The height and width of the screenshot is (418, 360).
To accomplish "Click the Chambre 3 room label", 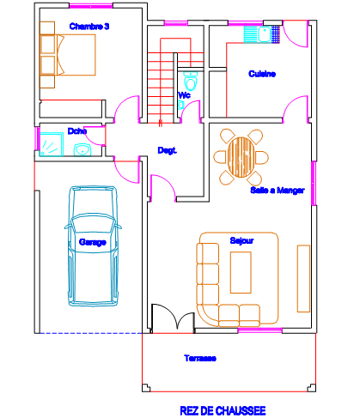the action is (x=89, y=27).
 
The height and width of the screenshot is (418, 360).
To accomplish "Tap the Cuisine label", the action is (x=262, y=74).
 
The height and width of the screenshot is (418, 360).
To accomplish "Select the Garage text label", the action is (x=93, y=242).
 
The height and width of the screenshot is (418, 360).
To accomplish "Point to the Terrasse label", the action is (x=200, y=358).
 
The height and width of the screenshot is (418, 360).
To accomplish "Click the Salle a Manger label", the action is (x=278, y=191).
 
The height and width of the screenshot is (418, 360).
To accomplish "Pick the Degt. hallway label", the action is (x=168, y=150).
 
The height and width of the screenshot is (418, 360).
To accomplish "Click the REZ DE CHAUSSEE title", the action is (x=223, y=411).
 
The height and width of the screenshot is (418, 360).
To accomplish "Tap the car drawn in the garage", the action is (x=93, y=246).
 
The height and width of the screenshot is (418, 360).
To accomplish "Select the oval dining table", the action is (x=241, y=157).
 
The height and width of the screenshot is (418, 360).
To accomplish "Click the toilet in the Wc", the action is (x=190, y=81).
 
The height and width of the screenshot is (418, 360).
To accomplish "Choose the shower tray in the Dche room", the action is (x=52, y=144).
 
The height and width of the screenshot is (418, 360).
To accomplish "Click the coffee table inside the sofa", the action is (x=241, y=272).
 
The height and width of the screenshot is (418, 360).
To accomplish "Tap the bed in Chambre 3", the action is (x=68, y=55).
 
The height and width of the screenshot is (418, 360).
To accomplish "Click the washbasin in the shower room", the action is (x=82, y=150).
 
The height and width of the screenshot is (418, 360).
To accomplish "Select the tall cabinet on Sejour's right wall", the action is (x=303, y=278).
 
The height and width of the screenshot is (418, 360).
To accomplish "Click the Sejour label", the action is (x=241, y=240).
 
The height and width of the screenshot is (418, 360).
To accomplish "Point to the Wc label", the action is (x=184, y=95).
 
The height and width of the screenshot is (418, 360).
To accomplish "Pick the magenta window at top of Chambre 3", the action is (x=91, y=6).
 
